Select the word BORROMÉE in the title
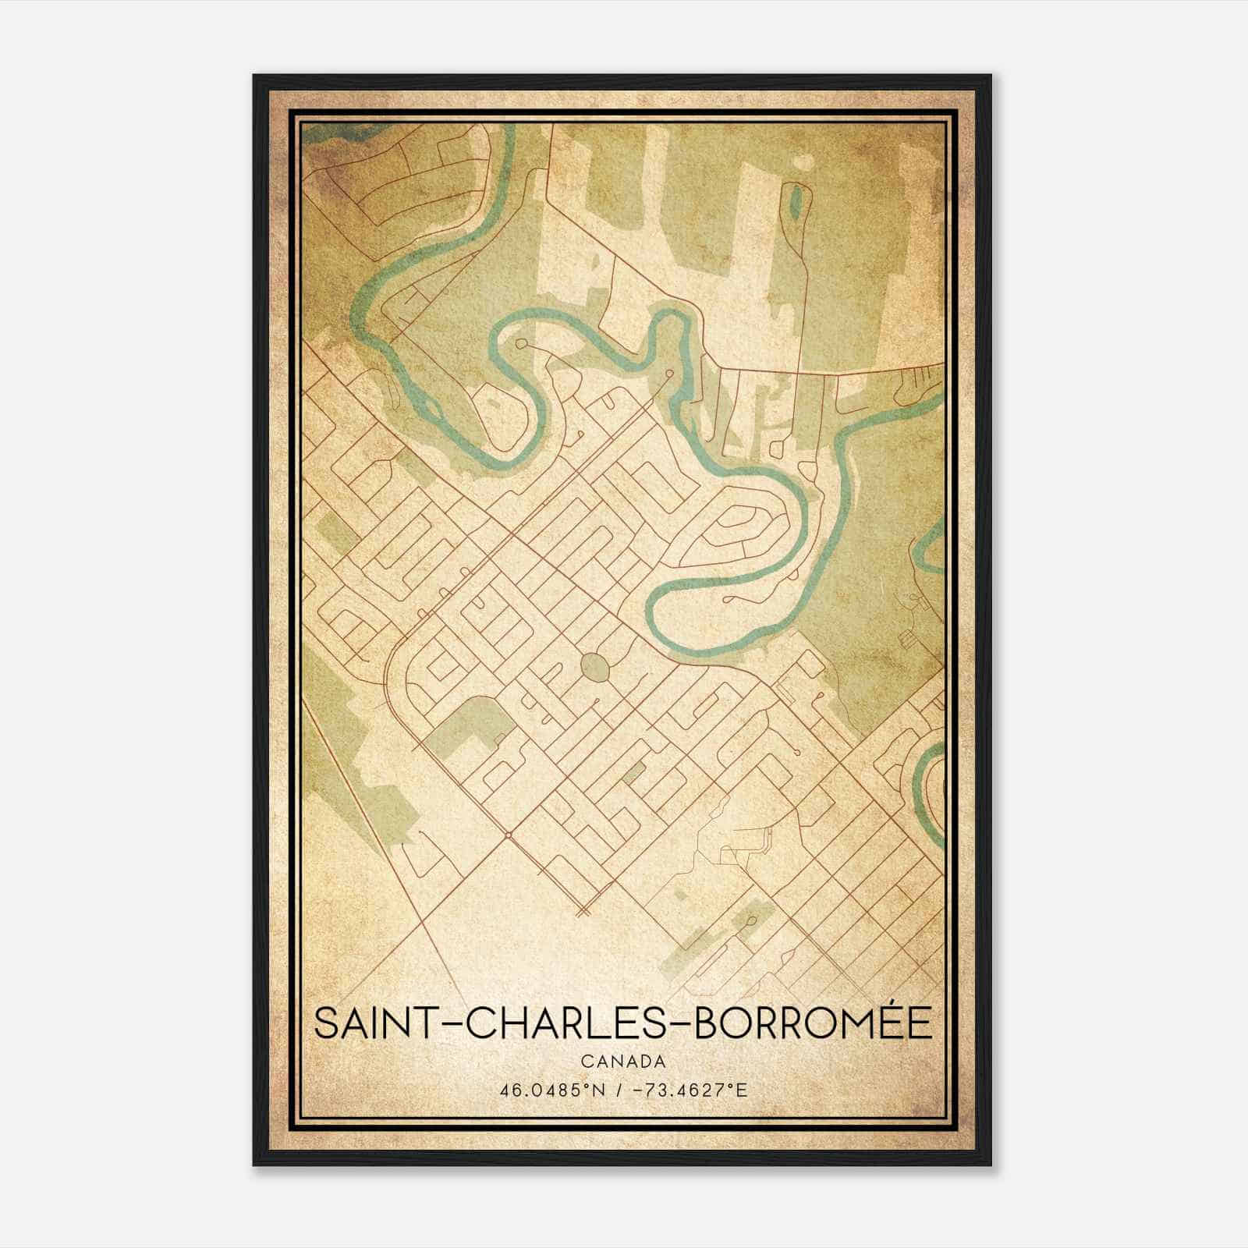click(812, 1023)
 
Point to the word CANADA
click(622, 1062)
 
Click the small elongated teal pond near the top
click(795, 201)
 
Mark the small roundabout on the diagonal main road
click(508, 835)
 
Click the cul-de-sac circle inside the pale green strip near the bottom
click(752, 921)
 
